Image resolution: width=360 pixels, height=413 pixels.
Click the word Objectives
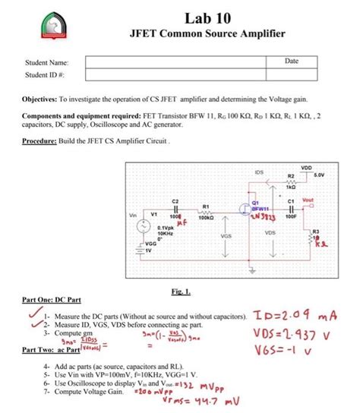41,99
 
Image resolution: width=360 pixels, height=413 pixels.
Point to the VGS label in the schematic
226,236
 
